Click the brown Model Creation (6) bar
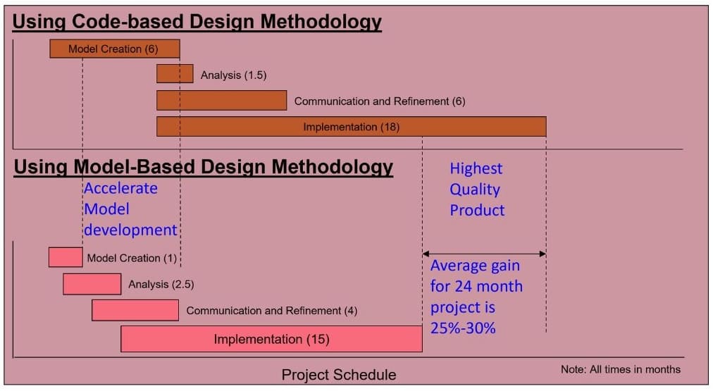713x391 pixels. (115, 49)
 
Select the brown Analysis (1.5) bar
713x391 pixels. (175, 74)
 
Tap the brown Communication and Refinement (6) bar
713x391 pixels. (221, 101)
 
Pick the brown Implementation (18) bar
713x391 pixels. (352, 127)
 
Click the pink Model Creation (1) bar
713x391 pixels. (66, 257)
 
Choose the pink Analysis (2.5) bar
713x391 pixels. (92, 284)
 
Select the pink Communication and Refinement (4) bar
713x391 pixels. (135, 311)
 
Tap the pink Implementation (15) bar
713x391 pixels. (271, 339)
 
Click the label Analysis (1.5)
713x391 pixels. (234, 75)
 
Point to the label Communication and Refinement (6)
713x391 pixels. (380, 101)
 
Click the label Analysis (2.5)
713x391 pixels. (161, 285)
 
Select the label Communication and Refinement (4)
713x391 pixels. (272, 311)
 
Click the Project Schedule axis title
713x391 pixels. (339, 375)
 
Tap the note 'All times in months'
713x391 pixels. (635, 369)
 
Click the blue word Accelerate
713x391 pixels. (121, 188)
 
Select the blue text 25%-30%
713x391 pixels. (463, 328)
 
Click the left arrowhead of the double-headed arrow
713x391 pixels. (426, 254)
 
